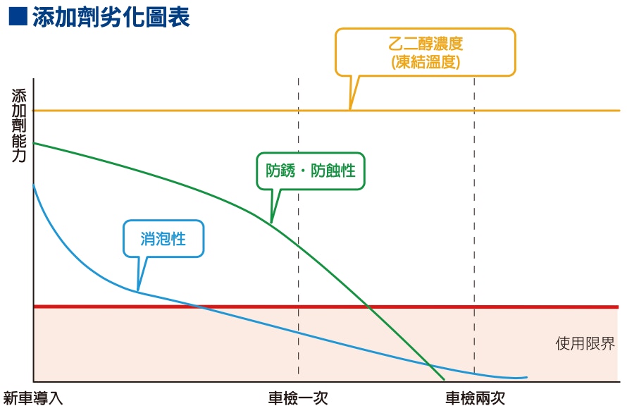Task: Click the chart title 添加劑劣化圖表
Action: point(111,17)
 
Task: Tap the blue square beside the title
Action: point(18,17)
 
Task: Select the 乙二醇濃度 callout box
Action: point(425,52)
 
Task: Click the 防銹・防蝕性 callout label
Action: point(311,171)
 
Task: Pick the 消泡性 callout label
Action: point(163,239)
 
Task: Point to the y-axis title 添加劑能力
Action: point(19,125)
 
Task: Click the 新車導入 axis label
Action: point(33,398)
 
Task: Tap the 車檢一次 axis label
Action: point(298,398)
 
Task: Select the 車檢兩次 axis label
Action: point(475,398)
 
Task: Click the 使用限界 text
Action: point(585,343)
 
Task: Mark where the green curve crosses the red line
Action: point(368,307)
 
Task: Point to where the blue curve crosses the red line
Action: point(199,307)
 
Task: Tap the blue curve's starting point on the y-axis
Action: point(34,185)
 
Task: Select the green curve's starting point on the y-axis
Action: point(34,143)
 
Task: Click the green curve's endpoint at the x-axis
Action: point(444,379)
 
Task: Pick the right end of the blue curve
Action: point(527,377)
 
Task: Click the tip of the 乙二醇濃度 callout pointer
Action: point(350,109)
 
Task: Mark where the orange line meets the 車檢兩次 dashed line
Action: point(475,110)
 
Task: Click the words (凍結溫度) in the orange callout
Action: point(426,62)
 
